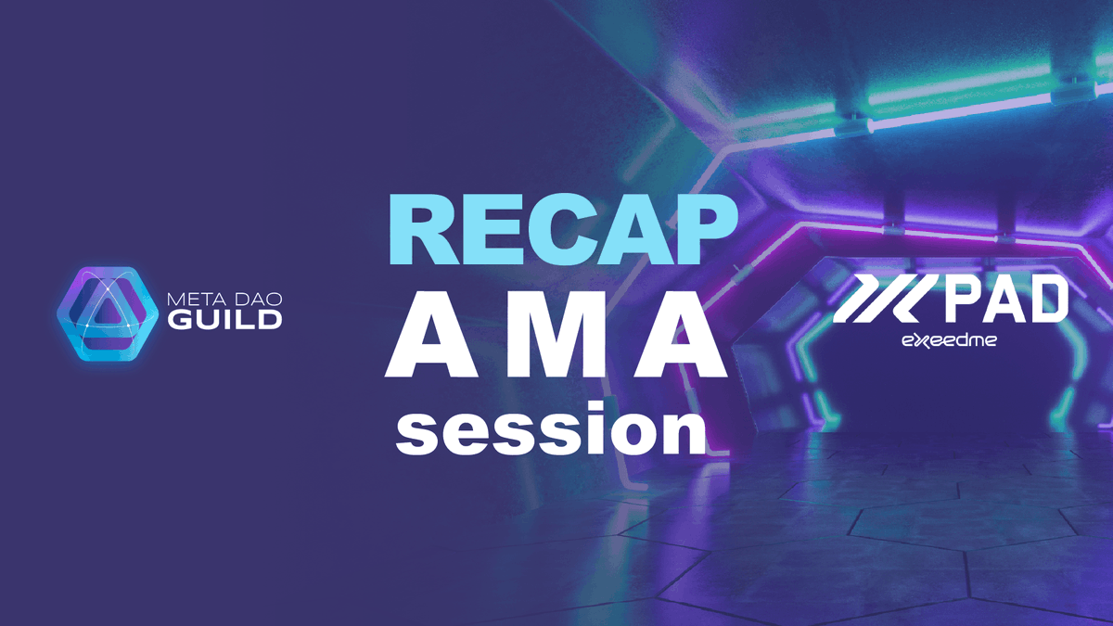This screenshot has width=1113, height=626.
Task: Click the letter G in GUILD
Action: point(178,322)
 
